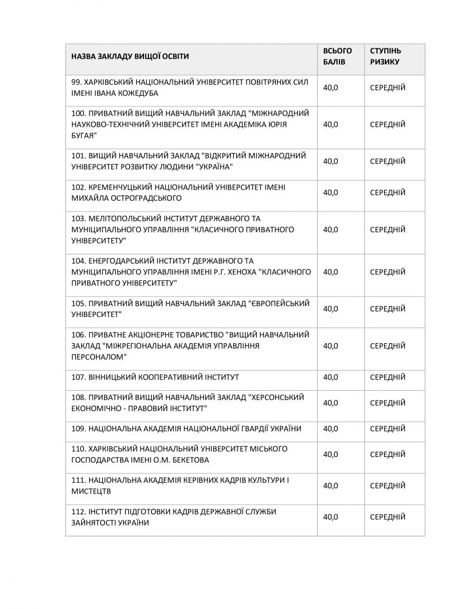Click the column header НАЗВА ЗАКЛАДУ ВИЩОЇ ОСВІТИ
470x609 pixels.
coord(131,56)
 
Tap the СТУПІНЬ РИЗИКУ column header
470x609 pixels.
coord(385,56)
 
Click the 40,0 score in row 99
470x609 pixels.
coord(331,87)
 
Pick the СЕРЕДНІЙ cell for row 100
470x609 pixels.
coord(388,124)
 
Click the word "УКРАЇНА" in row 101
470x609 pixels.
coord(212,167)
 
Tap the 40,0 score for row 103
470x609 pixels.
coord(331,229)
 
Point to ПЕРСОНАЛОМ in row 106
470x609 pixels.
coord(99,357)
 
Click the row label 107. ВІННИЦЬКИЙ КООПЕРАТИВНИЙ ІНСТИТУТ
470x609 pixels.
coord(156,377)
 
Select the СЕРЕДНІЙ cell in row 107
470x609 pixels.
coord(388,377)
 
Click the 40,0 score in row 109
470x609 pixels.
coord(331,428)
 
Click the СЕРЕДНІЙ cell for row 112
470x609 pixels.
coord(388,517)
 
